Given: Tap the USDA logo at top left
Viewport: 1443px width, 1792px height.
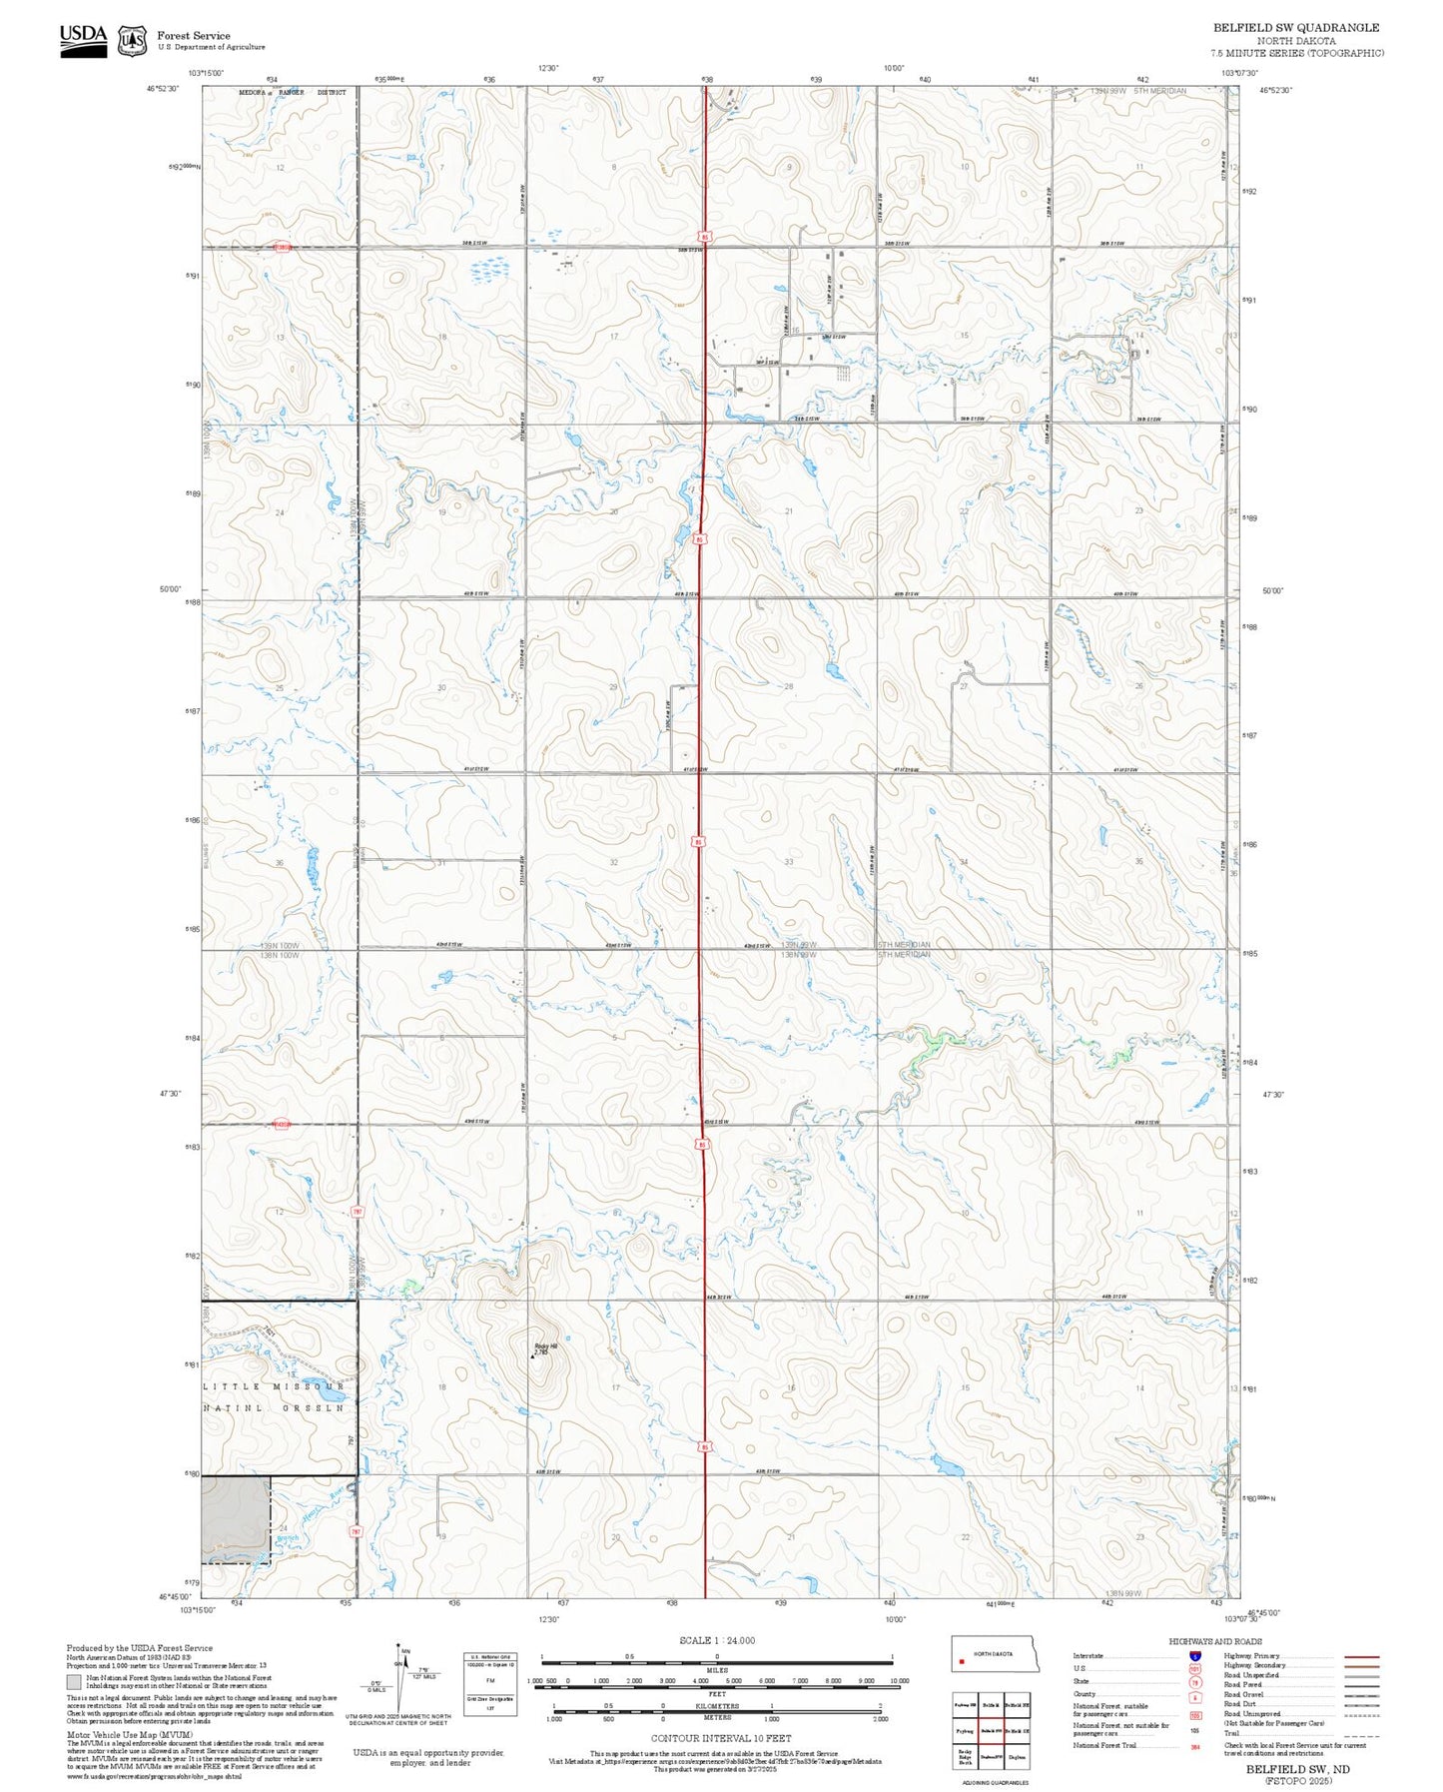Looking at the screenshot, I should (x=83, y=40).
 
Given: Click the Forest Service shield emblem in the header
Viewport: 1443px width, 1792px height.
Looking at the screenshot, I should (x=132, y=41).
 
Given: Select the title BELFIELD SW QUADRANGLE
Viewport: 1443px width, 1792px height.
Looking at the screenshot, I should (x=1295, y=28).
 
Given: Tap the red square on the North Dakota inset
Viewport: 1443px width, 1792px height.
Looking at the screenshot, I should (x=961, y=1663).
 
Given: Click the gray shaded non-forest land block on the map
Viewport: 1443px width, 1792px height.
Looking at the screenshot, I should (x=236, y=1519).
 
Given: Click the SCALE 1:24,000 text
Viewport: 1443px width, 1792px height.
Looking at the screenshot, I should (x=717, y=1640).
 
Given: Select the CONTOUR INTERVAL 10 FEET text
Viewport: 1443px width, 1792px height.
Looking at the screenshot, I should (x=720, y=1738).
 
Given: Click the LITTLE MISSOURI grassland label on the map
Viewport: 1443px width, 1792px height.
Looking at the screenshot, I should (x=274, y=1386).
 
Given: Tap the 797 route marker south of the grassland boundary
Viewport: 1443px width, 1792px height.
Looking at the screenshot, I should (x=355, y=1531).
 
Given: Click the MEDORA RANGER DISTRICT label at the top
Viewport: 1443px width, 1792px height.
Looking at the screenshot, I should (x=292, y=92).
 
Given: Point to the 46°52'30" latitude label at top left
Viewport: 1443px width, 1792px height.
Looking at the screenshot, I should (x=163, y=89).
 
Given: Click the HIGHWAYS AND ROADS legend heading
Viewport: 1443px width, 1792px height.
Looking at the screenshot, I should (x=1214, y=1641).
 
